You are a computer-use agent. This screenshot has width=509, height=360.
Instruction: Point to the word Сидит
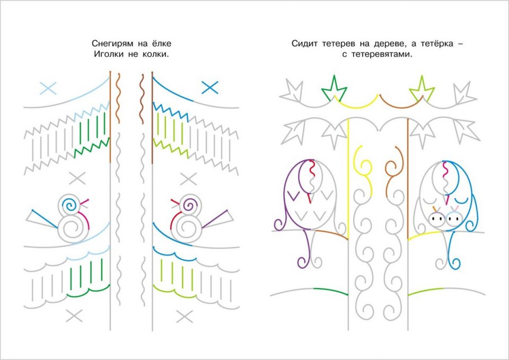coord(303,43)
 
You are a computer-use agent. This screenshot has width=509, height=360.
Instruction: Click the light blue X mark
coord(48,88)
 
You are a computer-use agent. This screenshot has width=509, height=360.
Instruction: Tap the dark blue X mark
coord(210,87)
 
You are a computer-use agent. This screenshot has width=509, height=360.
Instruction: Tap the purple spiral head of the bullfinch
coord(188,204)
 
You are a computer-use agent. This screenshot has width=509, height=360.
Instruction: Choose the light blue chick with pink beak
coord(452,217)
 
